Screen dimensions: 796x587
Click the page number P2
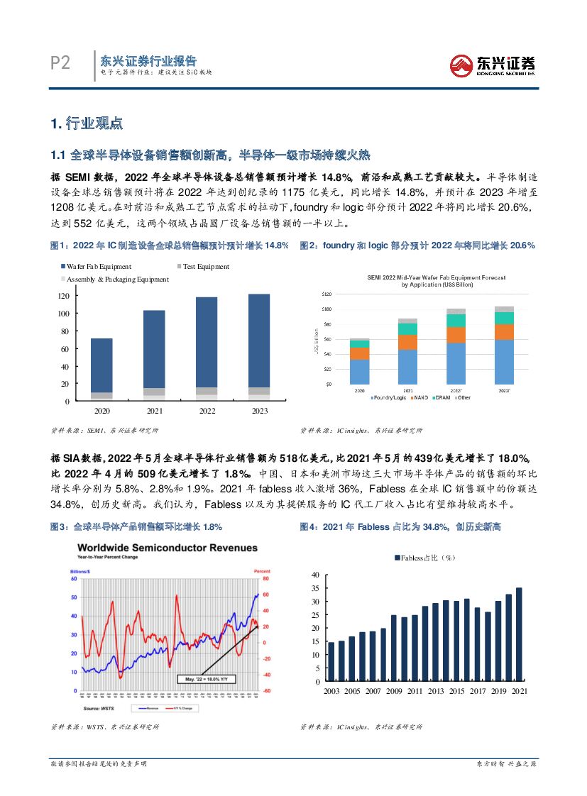[x=60, y=64]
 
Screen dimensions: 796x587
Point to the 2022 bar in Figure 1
[x=207, y=348]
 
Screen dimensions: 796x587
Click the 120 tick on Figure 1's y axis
[x=63, y=296]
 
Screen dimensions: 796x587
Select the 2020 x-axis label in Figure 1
[x=102, y=411]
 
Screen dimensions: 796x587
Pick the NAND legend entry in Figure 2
[x=422, y=398]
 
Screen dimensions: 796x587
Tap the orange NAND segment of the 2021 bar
[x=408, y=342]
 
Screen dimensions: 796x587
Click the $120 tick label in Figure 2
[x=327, y=294]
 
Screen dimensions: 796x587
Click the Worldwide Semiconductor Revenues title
[x=168, y=548]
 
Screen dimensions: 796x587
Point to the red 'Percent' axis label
[x=262, y=570]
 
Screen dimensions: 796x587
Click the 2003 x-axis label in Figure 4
[x=331, y=691]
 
